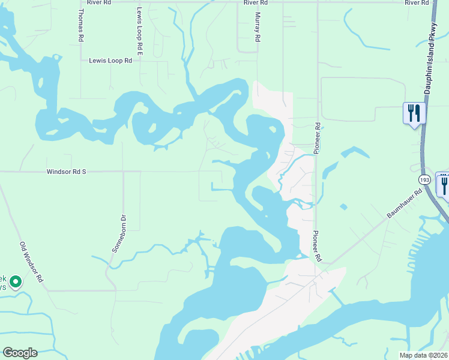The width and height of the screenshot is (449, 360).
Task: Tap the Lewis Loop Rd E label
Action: pyautogui.click(x=139, y=31)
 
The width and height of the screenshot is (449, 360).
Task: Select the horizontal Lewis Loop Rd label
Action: pyautogui.click(x=110, y=61)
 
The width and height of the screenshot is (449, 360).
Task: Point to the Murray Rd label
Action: pyautogui.click(x=258, y=27)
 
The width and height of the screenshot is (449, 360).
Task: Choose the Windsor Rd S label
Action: pyautogui.click(x=67, y=172)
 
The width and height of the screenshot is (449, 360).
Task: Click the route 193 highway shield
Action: pyautogui.click(x=425, y=179)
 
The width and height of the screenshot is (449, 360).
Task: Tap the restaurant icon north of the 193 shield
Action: pyautogui.click(x=414, y=113)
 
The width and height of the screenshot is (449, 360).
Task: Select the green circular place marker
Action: pyautogui.click(x=16, y=281)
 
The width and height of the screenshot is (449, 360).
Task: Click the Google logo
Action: pyautogui.click(x=20, y=353)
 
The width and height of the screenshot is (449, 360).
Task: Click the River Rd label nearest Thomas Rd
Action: pyautogui.click(x=98, y=2)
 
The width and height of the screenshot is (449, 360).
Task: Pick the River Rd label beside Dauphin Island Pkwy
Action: pyautogui.click(x=418, y=2)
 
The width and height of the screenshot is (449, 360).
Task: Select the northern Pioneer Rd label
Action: pyautogui.click(x=318, y=137)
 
